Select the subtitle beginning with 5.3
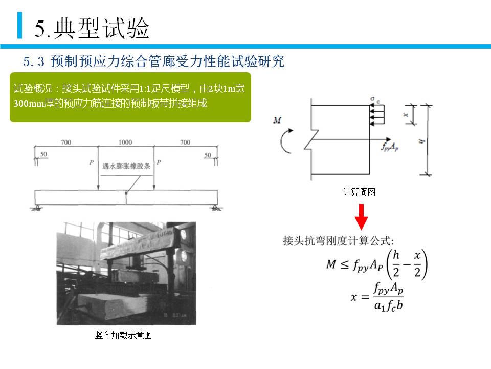pyautogui.click(x=153, y=62)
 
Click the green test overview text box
pyautogui.click(x=130, y=96)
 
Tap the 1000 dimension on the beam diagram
pyautogui.click(x=125, y=142)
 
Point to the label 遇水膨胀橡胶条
pyautogui.click(x=126, y=166)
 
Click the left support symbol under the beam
pyautogui.click(x=38, y=207)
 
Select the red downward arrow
pyautogui.click(x=362, y=217)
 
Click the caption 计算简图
pyautogui.click(x=359, y=192)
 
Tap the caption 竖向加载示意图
pyautogui.click(x=123, y=336)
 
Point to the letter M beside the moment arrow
pyautogui.click(x=277, y=120)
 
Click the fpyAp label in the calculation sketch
pyautogui.click(x=389, y=146)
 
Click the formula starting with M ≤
pyautogui.click(x=376, y=265)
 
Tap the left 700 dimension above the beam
pyautogui.click(x=65, y=142)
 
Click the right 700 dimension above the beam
pyautogui.click(x=185, y=142)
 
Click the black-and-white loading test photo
pyautogui.click(x=126, y=274)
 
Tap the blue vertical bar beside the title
pyautogui.click(x=20, y=26)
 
